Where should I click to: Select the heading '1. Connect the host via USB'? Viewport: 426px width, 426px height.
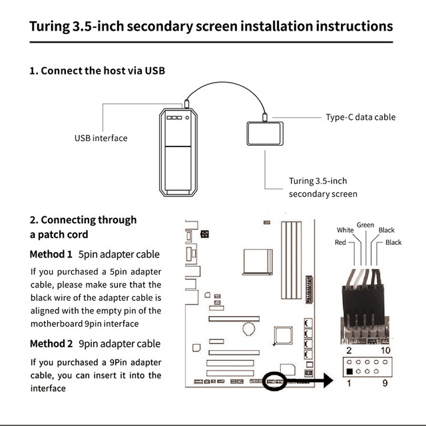(97, 71)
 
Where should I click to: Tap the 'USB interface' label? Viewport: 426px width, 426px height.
(101, 138)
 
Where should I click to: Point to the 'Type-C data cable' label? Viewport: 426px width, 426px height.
(360, 117)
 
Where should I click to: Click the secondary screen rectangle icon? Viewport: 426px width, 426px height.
(265, 132)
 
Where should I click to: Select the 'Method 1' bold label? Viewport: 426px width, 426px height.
(51, 254)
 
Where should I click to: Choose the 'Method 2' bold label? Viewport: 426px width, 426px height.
(51, 343)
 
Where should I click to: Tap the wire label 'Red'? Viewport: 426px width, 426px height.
(340, 243)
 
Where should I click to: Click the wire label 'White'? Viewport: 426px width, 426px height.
(345, 230)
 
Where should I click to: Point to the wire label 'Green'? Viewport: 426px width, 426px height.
(365, 225)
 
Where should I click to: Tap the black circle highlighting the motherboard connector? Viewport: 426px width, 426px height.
(275, 381)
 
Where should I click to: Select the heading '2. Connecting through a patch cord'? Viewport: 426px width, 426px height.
(83, 227)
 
